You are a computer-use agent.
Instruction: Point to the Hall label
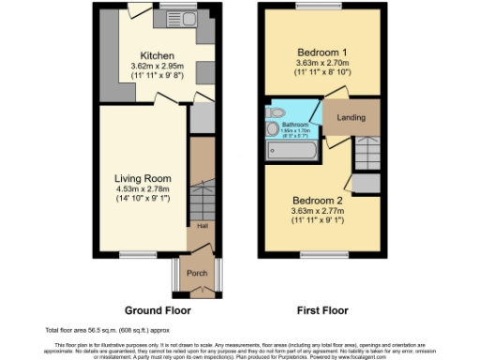tap(202, 226)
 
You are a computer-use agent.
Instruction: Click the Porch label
tap(198, 274)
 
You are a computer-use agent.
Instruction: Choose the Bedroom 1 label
tap(322, 51)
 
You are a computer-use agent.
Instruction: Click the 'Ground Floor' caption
tap(158, 309)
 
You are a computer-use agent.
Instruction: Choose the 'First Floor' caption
tap(321, 309)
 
